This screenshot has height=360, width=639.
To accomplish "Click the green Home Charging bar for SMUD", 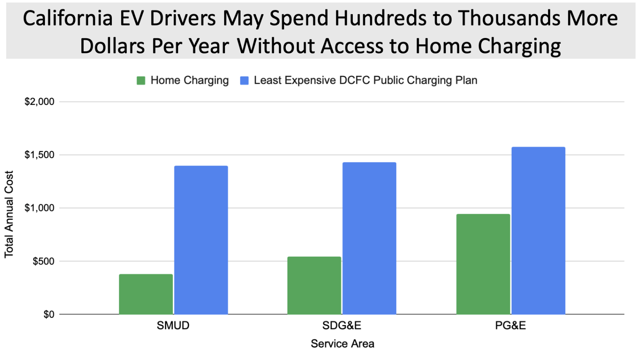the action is pyautogui.click(x=146, y=294).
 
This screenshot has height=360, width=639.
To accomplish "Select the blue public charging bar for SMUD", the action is pyautogui.click(x=201, y=240).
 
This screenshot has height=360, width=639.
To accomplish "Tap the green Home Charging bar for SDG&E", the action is pyautogui.click(x=314, y=286).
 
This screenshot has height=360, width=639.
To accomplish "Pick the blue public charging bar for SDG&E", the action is pyautogui.click(x=370, y=238).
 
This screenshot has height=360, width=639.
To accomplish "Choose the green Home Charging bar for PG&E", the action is pyautogui.click(x=483, y=264).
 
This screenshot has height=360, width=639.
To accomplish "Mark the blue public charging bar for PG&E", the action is pyautogui.click(x=538, y=231).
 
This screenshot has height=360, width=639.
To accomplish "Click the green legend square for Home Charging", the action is pyautogui.click(x=141, y=81).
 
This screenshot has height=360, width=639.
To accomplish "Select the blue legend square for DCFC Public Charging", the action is pyautogui.click(x=244, y=81).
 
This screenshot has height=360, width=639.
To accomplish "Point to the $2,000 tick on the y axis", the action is pyautogui.click(x=39, y=102).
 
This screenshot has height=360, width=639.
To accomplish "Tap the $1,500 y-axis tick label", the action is pyautogui.click(x=39, y=155).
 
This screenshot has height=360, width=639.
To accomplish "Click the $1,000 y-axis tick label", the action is pyautogui.click(x=39, y=208).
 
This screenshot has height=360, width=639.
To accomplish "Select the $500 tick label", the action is pyautogui.click(x=43, y=261).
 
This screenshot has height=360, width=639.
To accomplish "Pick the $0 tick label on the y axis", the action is pyautogui.click(x=49, y=314).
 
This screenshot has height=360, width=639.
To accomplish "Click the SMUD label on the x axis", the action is pyautogui.click(x=173, y=326).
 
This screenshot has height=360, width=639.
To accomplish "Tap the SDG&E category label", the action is pyautogui.click(x=342, y=326).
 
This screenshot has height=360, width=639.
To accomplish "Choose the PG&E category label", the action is pyautogui.click(x=510, y=326).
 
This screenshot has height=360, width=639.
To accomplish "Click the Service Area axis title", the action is pyautogui.click(x=342, y=344).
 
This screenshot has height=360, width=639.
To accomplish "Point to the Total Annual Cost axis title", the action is pyautogui.click(x=9, y=214).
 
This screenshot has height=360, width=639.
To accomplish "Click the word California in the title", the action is pyautogui.click(x=68, y=18).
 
